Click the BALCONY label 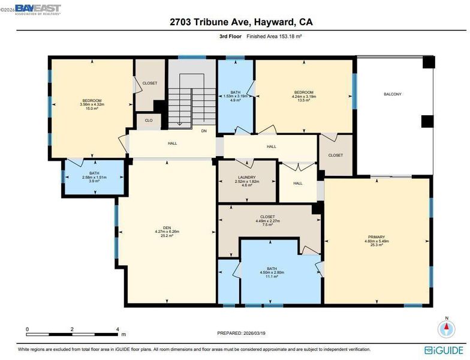point(392,94)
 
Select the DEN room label point(167,228)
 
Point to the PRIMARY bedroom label point(376,237)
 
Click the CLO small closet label point(149,120)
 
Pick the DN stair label point(204,131)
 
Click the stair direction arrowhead point(179,123)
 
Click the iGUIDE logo point(444,350)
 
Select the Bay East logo point(38,10)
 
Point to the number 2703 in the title point(180,22)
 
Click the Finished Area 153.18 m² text point(273,36)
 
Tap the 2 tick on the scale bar point(72,329)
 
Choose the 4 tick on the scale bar point(117,329)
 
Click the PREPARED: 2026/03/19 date point(241,333)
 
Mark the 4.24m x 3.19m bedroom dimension point(303,97)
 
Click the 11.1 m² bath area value point(272,277)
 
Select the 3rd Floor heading point(230,36)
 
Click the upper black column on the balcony point(428,62)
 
